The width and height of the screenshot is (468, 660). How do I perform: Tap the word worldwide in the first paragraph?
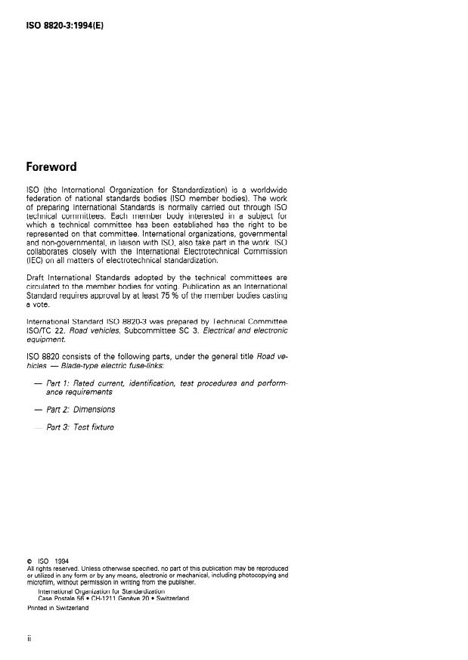click(x=267, y=187)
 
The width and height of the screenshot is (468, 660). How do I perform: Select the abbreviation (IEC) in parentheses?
click(x=36, y=261)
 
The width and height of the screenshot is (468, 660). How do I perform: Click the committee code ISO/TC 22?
click(x=48, y=330)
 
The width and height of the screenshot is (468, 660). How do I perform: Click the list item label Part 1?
click(x=59, y=385)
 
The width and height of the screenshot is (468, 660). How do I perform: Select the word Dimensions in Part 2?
click(x=95, y=410)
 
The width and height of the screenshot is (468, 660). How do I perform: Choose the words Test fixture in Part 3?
click(x=95, y=428)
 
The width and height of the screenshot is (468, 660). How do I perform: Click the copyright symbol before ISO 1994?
click(x=29, y=560)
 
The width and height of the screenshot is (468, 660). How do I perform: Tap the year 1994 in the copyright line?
click(x=61, y=560)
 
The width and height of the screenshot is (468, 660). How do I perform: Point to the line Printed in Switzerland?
click(x=58, y=607)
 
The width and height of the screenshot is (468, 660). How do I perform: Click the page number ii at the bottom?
click(x=29, y=639)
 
